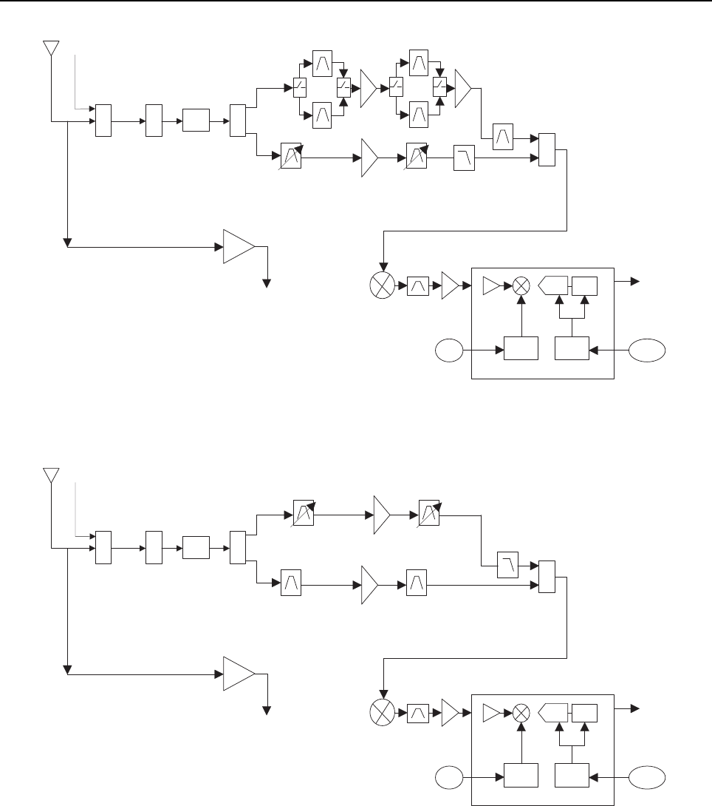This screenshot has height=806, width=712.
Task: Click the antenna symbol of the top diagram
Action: point(50,48)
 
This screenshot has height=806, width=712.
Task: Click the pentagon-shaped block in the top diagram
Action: point(553,285)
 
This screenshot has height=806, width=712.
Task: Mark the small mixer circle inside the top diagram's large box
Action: point(521,285)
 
